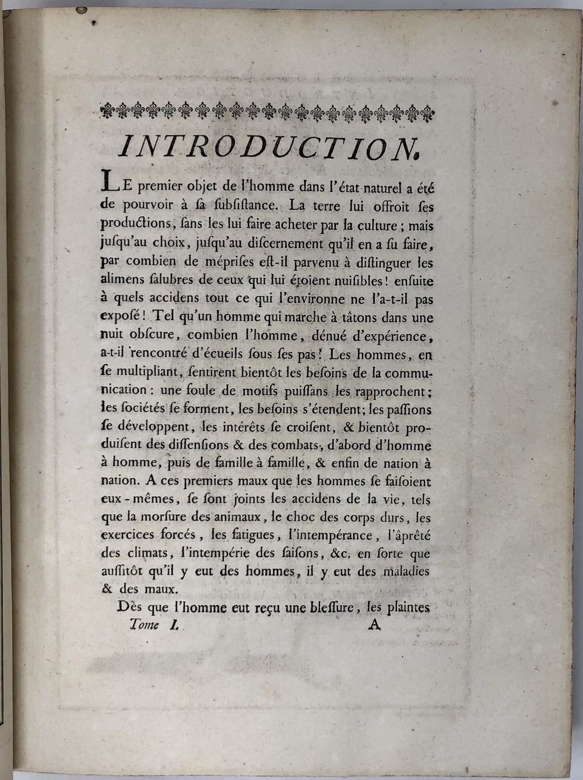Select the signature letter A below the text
[374, 625]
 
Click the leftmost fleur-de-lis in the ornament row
[107, 110]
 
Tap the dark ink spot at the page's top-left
[93, 22]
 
